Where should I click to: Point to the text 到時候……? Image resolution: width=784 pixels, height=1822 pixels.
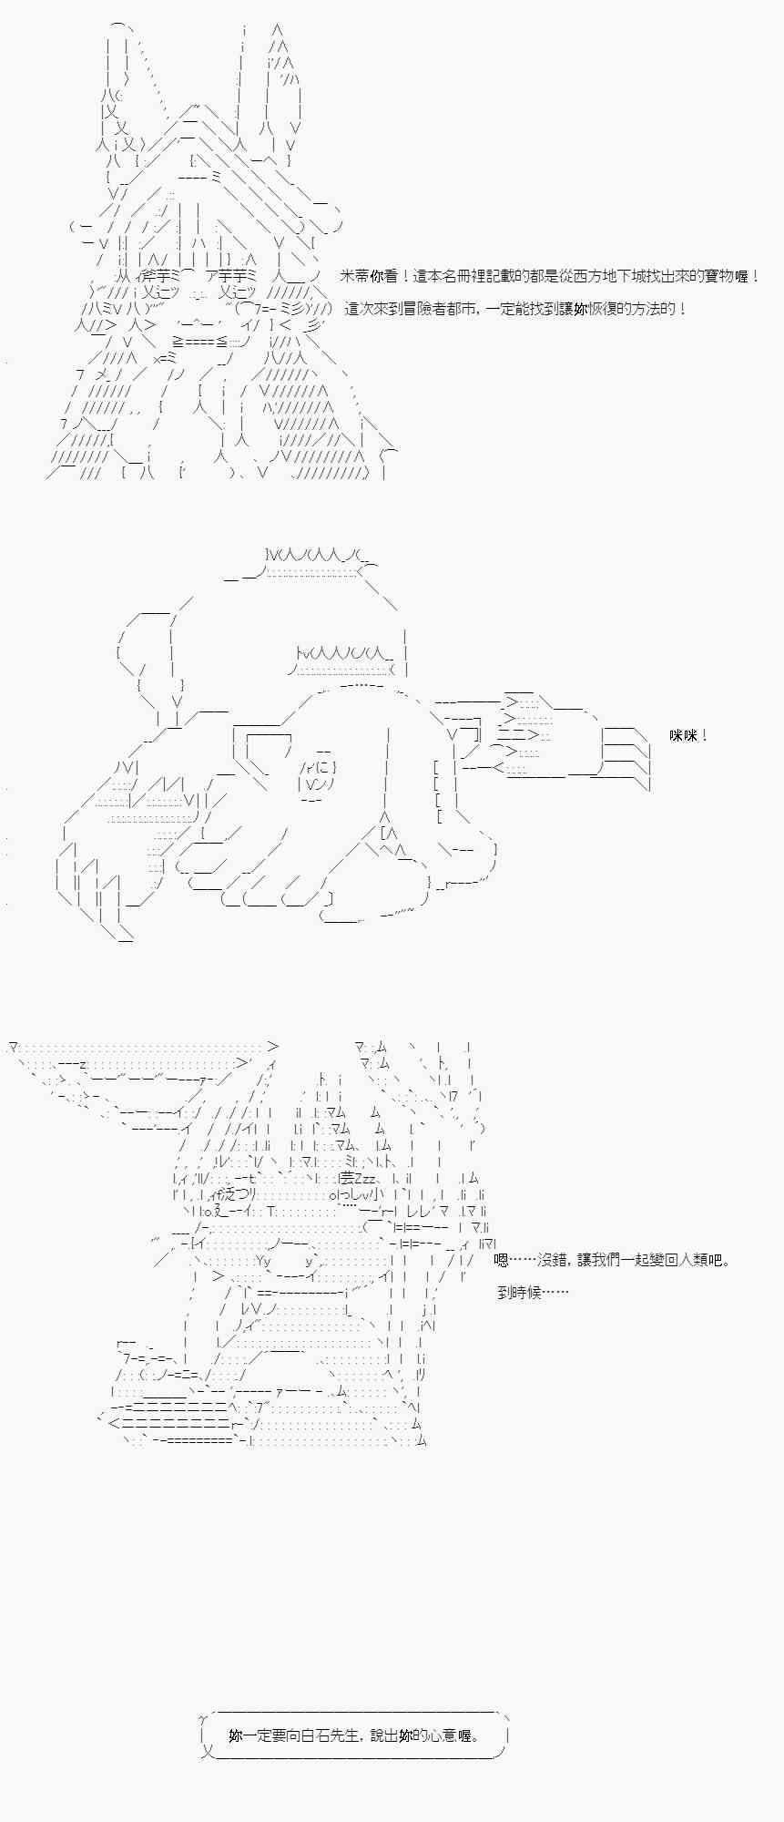pyautogui.click(x=533, y=1292)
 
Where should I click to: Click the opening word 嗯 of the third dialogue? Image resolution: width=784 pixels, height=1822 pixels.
pyautogui.click(x=501, y=1260)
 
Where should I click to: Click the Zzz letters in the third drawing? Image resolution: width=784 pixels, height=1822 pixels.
pyautogui.click(x=364, y=1178)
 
